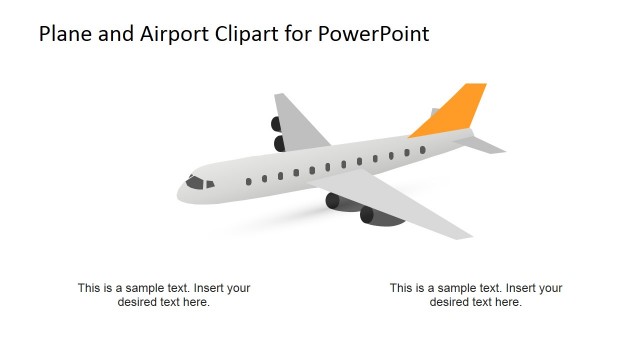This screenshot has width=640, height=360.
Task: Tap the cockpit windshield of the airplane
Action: point(196,183)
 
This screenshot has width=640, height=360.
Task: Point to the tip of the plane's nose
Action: point(181,187)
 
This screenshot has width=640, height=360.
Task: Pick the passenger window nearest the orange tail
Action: point(422,150)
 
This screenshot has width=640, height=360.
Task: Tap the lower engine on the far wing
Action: point(280,144)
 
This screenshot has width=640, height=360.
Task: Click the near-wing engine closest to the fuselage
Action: point(333,201)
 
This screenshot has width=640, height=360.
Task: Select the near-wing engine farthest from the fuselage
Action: point(367,215)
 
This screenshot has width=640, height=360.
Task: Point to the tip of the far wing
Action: point(280,96)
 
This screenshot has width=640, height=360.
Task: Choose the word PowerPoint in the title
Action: point(375,34)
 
